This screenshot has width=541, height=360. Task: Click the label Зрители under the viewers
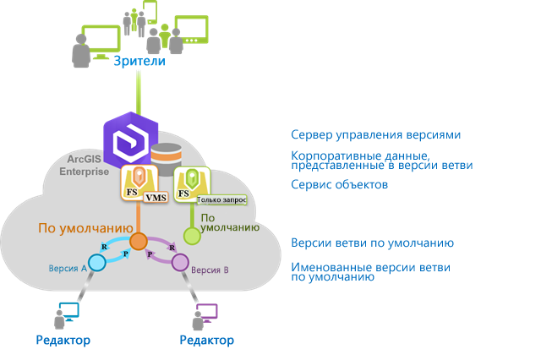point(139,62)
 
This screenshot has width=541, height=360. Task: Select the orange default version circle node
point(139,241)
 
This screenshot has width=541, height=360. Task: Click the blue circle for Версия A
point(97,263)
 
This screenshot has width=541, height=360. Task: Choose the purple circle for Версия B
point(180,263)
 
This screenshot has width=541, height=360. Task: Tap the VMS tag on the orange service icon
point(156,198)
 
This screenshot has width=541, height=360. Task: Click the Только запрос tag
point(221,200)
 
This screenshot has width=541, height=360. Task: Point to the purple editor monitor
point(206,312)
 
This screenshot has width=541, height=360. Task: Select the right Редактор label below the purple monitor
point(206,341)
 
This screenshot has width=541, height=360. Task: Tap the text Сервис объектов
point(339,184)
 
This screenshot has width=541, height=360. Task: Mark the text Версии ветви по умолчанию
point(372,243)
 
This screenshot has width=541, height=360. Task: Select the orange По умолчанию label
point(84,228)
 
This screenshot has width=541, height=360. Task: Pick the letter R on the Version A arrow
point(103,246)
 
